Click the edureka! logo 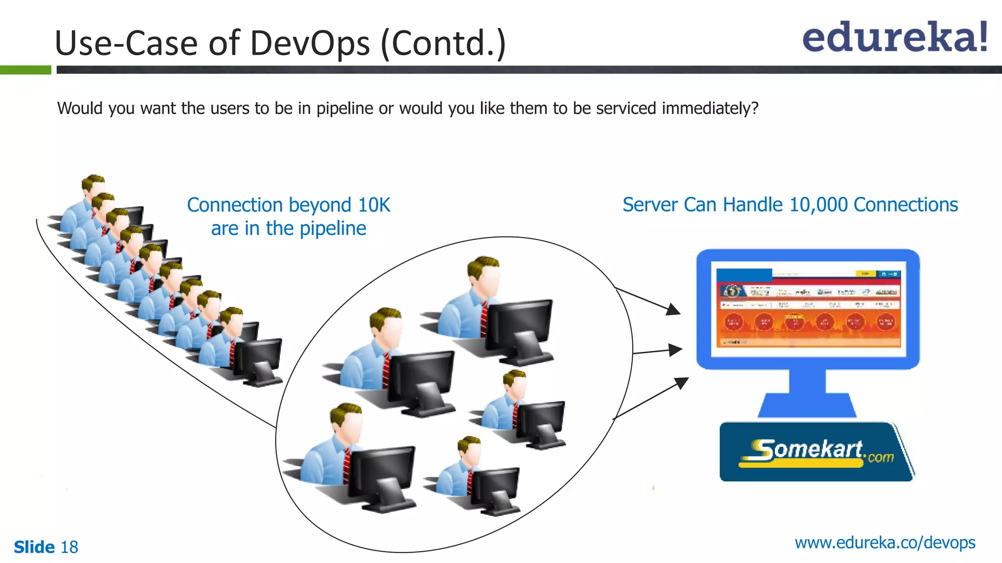coord(894,37)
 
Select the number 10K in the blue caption coord(374,205)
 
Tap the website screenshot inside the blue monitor coord(808,308)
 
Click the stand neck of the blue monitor coord(808,381)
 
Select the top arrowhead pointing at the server coord(674,310)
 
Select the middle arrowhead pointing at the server coord(676,349)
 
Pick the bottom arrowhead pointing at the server coord(682,383)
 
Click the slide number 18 coord(69,547)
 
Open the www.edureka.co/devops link coord(885,543)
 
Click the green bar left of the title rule coord(25,70)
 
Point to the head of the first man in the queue coord(93,186)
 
